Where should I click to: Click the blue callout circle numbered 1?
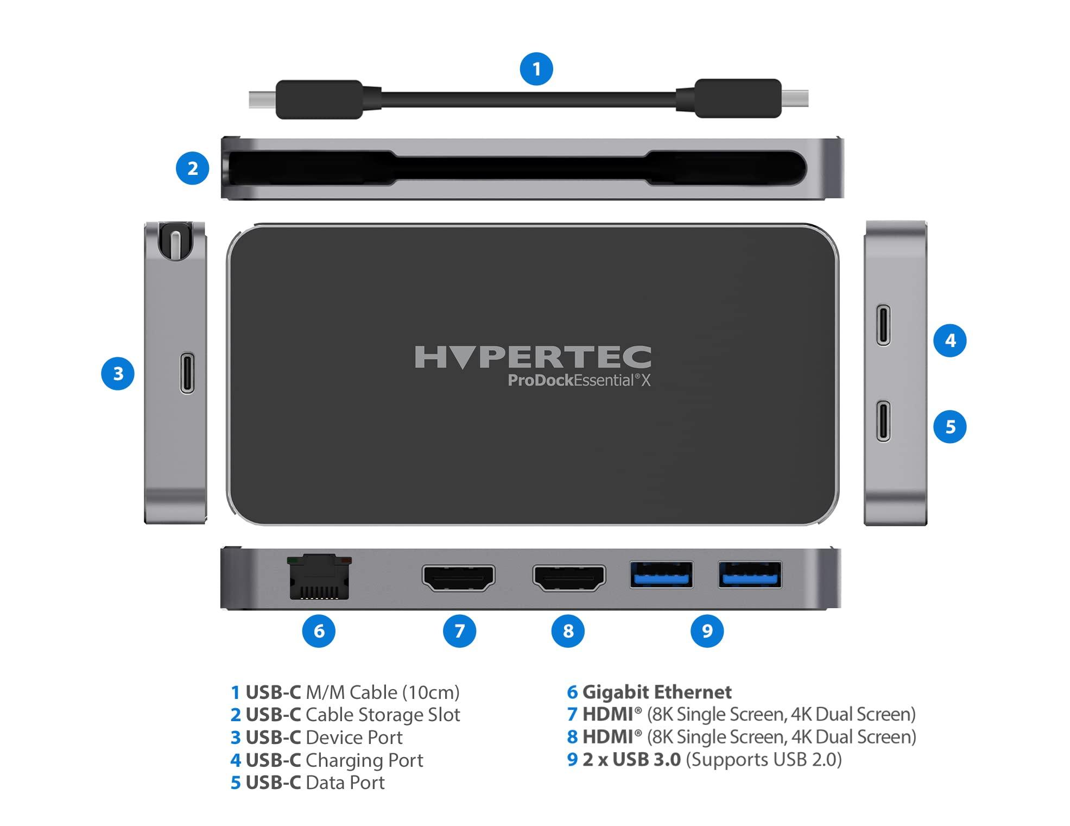(x=536, y=69)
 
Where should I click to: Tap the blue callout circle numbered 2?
(x=193, y=168)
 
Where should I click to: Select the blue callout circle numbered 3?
(x=118, y=374)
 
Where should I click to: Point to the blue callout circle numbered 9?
(x=707, y=630)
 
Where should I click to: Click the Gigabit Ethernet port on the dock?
(x=319, y=577)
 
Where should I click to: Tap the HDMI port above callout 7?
(x=459, y=578)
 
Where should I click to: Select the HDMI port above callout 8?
(x=569, y=578)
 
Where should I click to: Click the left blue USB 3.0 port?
(x=661, y=575)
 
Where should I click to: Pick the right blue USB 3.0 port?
(x=750, y=575)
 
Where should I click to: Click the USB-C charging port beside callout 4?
(x=883, y=325)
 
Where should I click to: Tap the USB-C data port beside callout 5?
(x=883, y=421)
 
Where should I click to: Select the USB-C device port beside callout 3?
(x=187, y=373)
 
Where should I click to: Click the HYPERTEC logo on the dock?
(x=533, y=357)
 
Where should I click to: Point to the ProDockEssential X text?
(x=579, y=380)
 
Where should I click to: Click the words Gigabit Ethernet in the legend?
(x=657, y=692)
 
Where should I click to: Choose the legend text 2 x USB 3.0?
(x=631, y=759)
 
